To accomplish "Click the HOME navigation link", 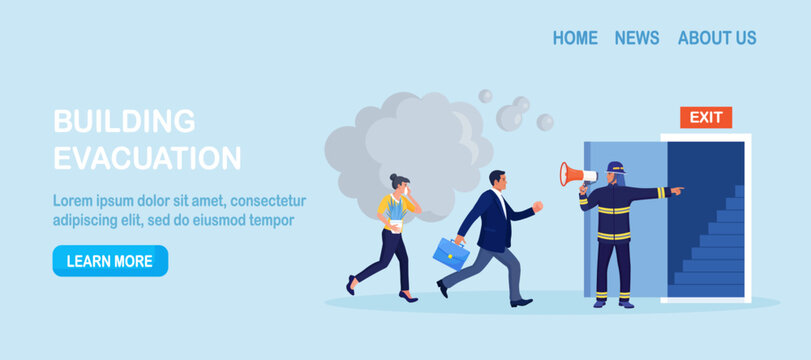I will (x=575, y=38).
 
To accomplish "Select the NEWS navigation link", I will (x=637, y=38).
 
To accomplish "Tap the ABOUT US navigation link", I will (x=717, y=38).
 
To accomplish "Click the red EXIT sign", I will (x=706, y=118).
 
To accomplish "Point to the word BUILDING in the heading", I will (x=124, y=121).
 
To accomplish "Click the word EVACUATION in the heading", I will (x=147, y=158).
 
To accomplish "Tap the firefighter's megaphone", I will (x=576, y=175).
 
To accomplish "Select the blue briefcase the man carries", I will (x=451, y=254).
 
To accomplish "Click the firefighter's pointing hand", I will (x=677, y=188).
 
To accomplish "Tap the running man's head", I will (x=498, y=181).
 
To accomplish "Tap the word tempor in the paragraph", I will (x=270, y=220).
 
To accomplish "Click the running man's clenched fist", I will (x=538, y=207).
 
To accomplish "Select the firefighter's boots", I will (x=613, y=298).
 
